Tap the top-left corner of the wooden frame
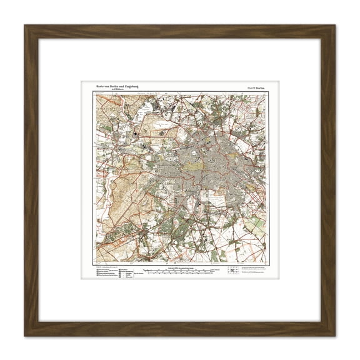(24, 25)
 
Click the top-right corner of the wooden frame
(335, 25)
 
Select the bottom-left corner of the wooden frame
(24, 336)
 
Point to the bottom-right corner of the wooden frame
(335, 336)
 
